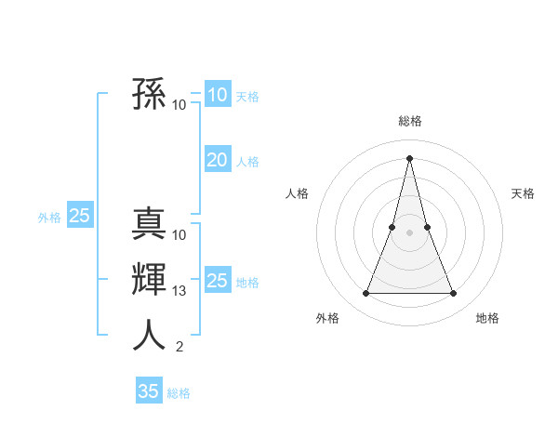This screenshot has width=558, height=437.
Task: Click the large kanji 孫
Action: click(x=149, y=95)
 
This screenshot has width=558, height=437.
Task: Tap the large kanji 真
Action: click(x=149, y=225)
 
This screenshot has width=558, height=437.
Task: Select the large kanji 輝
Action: click(x=149, y=280)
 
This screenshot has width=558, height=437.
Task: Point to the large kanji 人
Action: click(x=149, y=335)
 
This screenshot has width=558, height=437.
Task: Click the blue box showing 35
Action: click(x=149, y=391)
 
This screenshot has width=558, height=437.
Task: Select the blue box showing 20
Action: click(x=217, y=160)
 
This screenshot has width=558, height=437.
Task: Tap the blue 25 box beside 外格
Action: click(x=80, y=217)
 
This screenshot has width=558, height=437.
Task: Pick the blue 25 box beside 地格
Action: click(x=217, y=281)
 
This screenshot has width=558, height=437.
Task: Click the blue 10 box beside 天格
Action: click(x=217, y=95)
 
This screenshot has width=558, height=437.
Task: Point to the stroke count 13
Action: click(x=179, y=291)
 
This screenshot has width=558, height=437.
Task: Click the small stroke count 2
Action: click(x=179, y=347)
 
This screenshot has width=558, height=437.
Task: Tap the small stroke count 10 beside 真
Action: click(x=179, y=235)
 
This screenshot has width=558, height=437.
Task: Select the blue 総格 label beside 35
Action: click(x=179, y=393)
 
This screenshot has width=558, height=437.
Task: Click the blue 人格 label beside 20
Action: click(x=247, y=162)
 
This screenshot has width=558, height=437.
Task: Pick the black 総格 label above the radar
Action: click(x=410, y=121)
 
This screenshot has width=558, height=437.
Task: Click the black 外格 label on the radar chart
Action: click(x=327, y=318)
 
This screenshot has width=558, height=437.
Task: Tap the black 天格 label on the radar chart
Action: click(x=524, y=193)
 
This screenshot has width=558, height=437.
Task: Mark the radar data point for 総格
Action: click(x=410, y=157)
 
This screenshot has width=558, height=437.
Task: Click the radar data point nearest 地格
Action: click(x=454, y=294)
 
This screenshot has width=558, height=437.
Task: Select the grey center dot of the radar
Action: click(x=410, y=232)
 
